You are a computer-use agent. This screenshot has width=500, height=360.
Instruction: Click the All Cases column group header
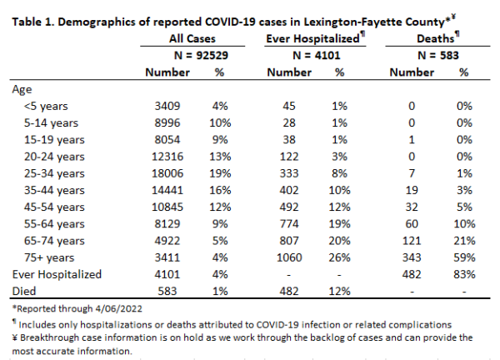[192, 38]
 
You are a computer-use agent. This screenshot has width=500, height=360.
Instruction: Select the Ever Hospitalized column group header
[312, 38]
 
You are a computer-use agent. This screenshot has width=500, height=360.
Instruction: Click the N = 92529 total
[201, 56]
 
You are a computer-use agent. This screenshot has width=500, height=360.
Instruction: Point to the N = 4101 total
[317, 56]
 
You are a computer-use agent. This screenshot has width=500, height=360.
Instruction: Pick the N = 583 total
[438, 56]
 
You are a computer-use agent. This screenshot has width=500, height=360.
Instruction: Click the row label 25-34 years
[54, 173]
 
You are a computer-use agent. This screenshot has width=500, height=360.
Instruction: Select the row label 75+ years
[49, 257]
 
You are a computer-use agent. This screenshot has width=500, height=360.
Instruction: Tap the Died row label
[24, 291]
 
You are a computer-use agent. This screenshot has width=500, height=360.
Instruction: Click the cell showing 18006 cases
[167, 173]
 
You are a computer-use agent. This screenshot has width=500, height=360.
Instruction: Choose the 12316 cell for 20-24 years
[167, 157]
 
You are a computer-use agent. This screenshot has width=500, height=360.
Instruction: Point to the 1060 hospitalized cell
[289, 257]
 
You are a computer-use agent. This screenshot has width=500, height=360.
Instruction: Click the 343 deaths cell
[412, 257]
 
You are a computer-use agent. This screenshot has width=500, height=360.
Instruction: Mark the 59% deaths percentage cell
[464, 257]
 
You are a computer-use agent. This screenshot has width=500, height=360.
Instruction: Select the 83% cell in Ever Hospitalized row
[464, 274]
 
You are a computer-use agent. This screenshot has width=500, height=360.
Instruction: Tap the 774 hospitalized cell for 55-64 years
[289, 224]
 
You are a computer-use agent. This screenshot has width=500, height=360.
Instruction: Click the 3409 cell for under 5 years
[167, 106]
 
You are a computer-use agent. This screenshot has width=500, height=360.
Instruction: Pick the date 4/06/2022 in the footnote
[117, 308]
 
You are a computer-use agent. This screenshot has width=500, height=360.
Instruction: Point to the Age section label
[22, 90]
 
